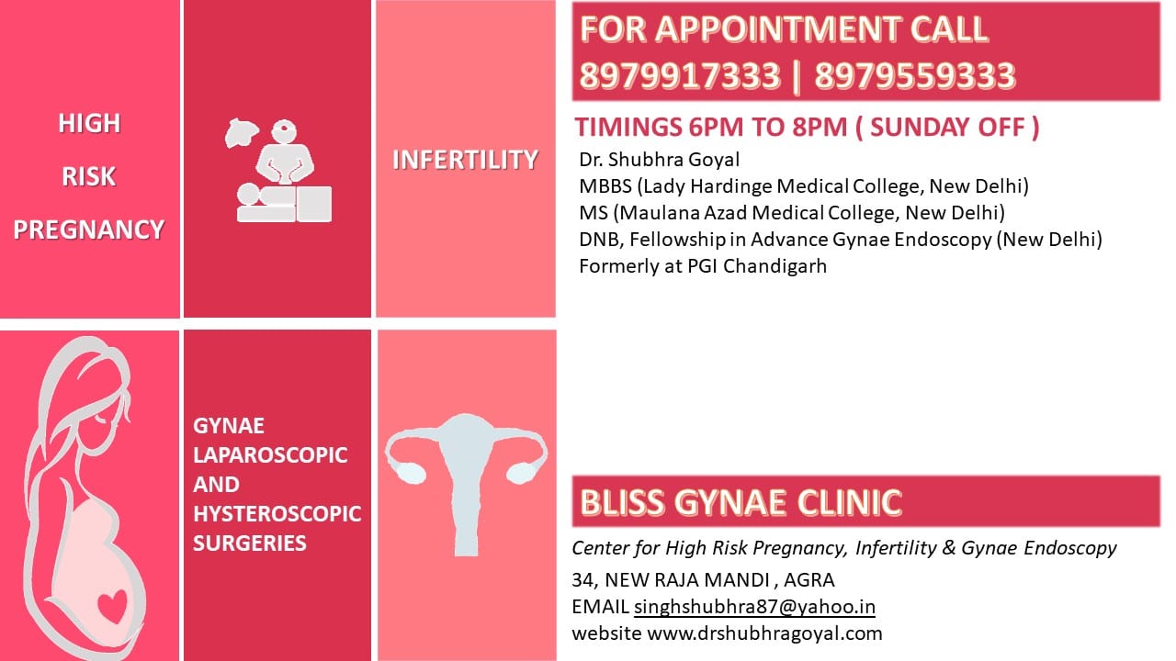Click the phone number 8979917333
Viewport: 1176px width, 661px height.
click(x=681, y=75)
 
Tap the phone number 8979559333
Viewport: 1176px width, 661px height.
click(x=915, y=75)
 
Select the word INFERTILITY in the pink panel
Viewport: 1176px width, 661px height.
click(x=466, y=160)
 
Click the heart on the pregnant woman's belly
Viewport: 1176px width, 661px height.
click(x=113, y=606)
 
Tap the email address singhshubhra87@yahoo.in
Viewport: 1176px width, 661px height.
click(x=754, y=607)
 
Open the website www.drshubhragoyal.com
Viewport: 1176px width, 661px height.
click(x=764, y=633)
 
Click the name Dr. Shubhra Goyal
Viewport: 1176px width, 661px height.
click(x=660, y=160)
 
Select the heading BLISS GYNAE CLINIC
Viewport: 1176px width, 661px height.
click(x=741, y=502)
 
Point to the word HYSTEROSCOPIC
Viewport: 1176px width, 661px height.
click(x=277, y=513)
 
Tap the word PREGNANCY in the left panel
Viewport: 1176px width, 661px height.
click(x=89, y=230)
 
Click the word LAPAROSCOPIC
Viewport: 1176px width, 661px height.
click(x=270, y=454)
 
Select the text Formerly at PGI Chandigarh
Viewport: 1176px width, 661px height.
click(x=703, y=266)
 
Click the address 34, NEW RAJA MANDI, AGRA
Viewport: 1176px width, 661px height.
click(x=703, y=579)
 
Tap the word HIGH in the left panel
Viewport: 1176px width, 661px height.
click(x=89, y=124)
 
